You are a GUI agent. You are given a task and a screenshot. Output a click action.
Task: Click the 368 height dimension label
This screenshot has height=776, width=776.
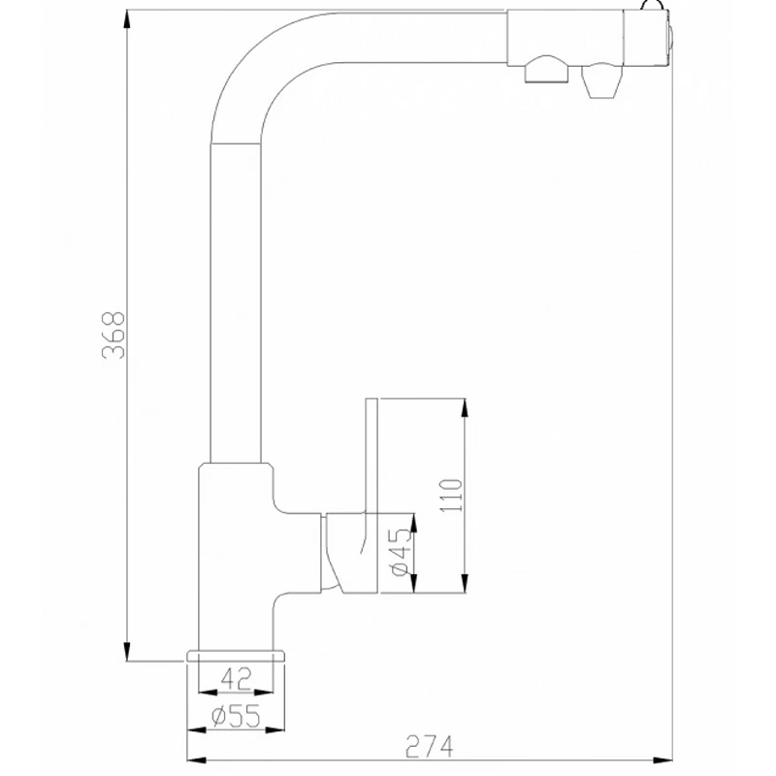113,336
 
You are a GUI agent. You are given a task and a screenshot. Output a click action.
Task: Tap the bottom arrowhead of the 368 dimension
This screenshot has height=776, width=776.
126,654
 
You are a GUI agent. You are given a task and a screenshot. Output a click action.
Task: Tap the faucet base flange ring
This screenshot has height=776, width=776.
237,657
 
